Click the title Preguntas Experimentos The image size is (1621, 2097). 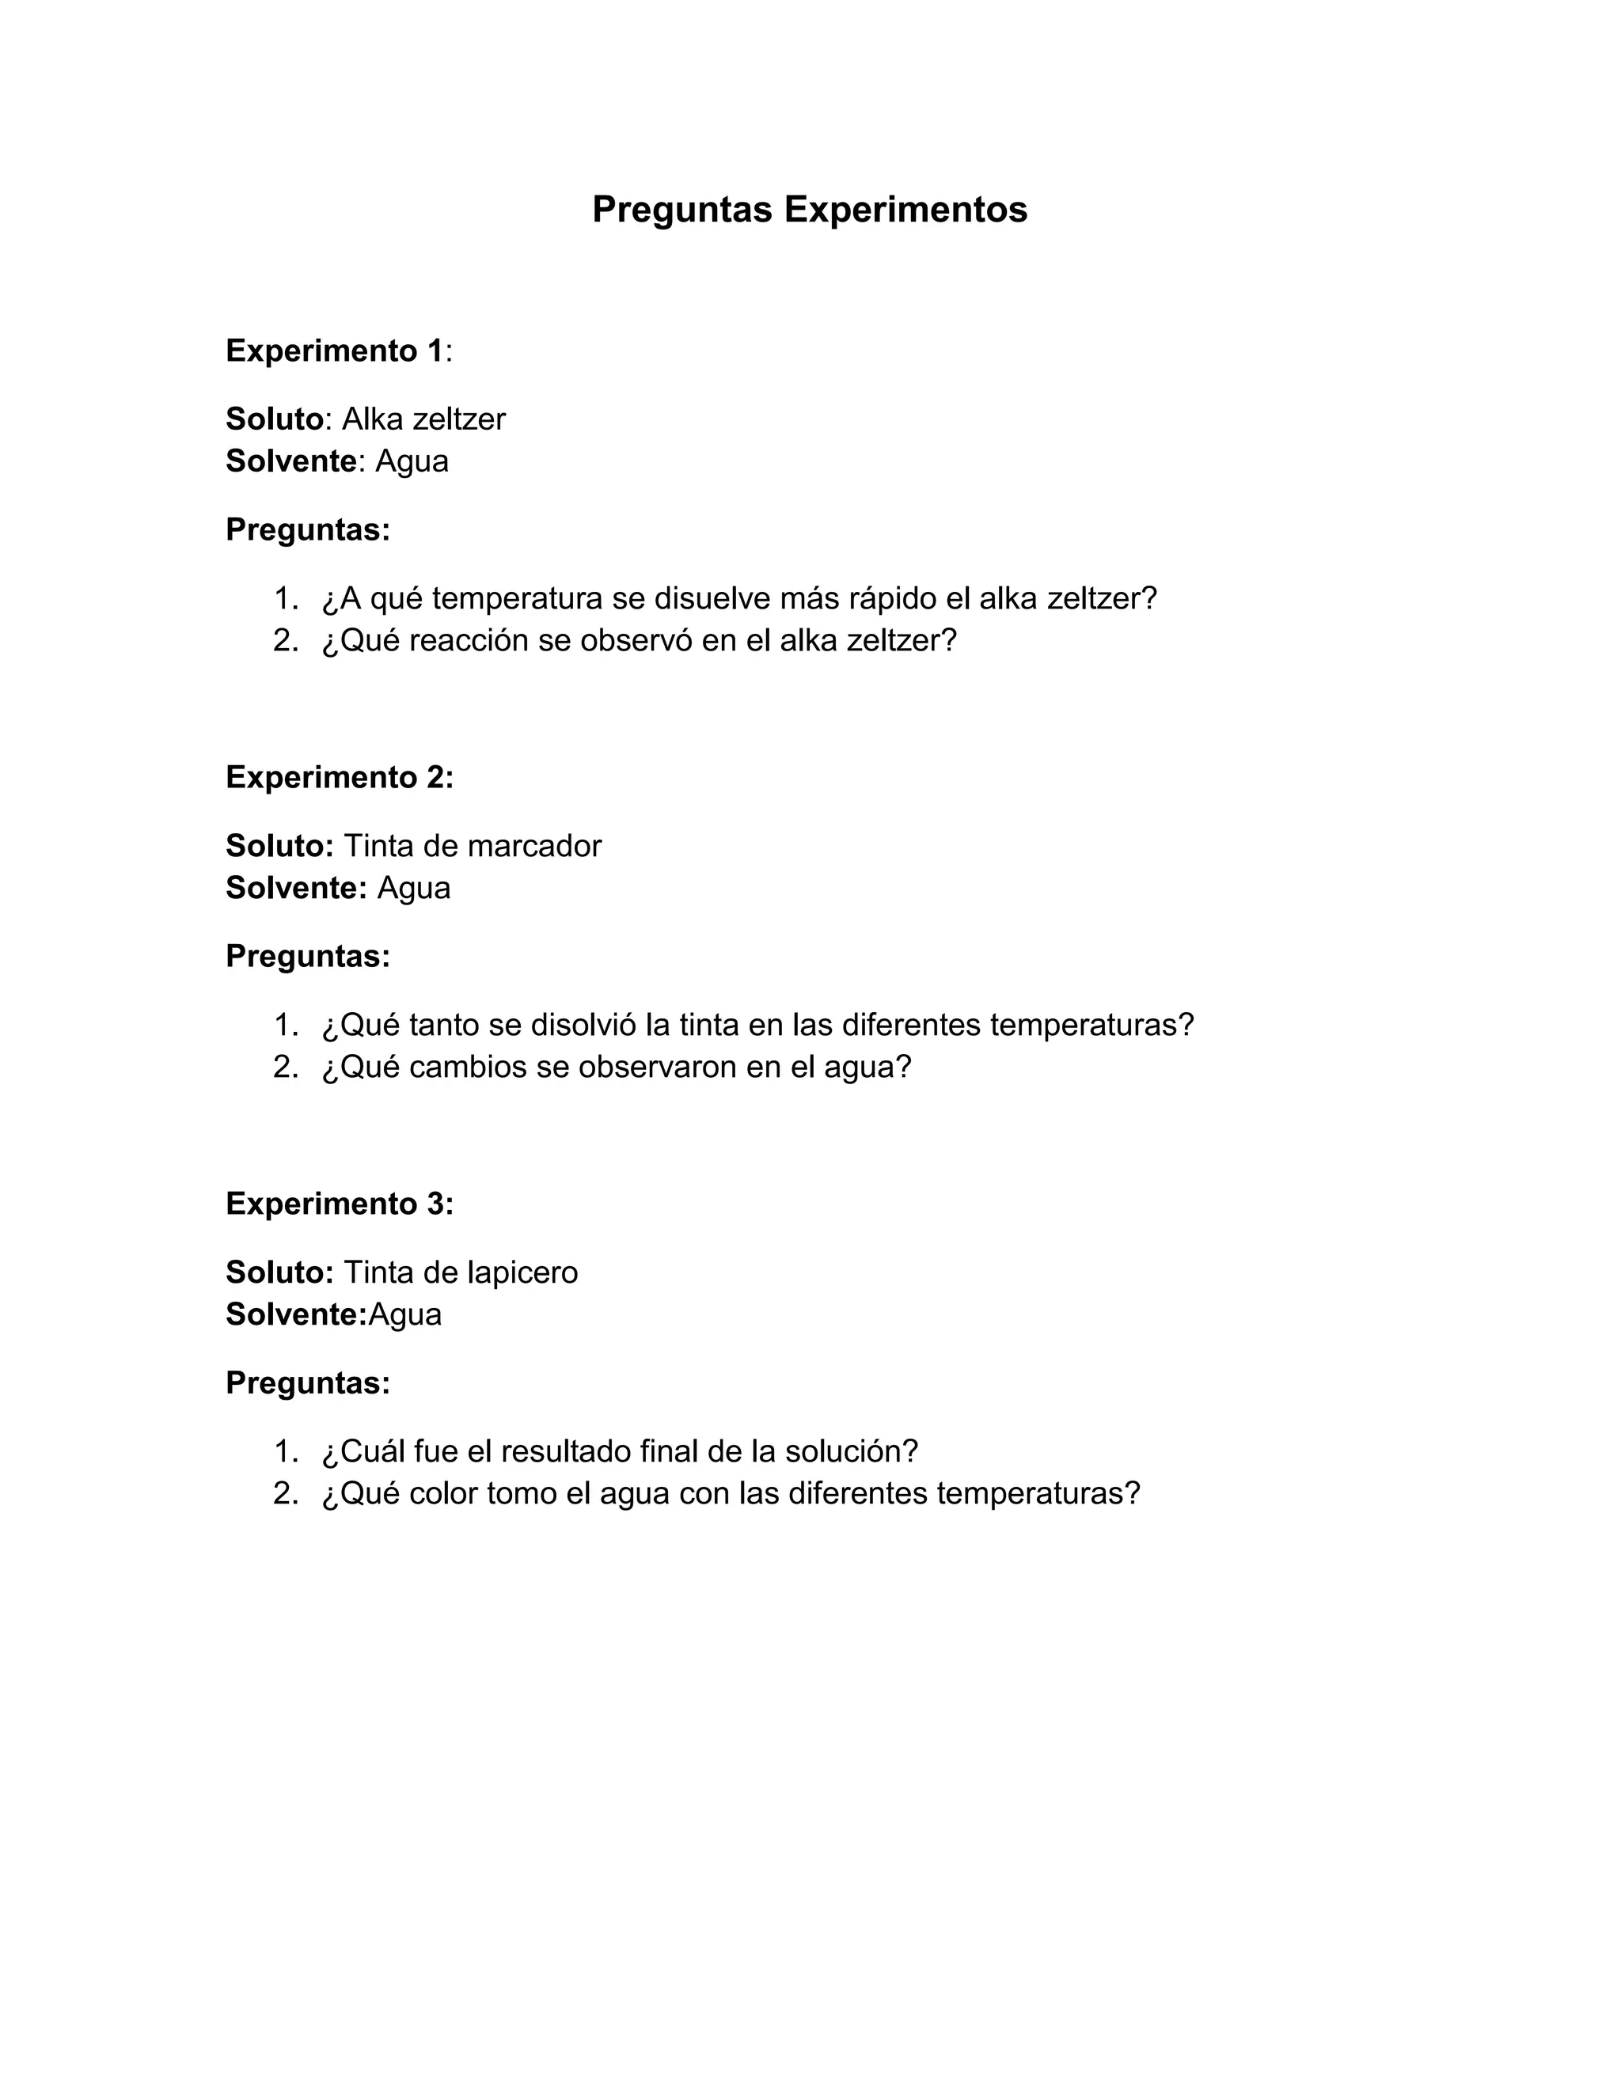point(810,210)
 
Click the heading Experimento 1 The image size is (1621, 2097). point(334,351)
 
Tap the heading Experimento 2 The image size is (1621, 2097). point(339,778)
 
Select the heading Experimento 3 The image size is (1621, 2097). point(339,1204)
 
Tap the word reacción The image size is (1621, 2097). point(469,640)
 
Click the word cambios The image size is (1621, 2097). point(468,1067)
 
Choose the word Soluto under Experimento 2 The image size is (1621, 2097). point(279,846)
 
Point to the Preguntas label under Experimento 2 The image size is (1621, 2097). point(307,957)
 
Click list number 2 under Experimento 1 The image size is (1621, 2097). point(285,640)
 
